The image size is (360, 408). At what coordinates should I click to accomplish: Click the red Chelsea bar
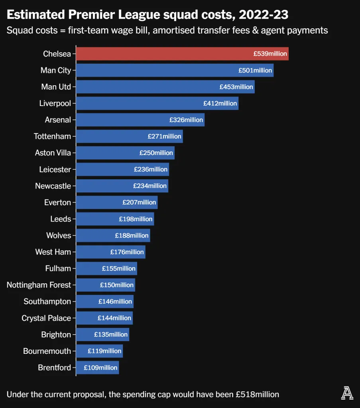click(182, 54)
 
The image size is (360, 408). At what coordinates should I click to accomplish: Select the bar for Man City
click(175, 71)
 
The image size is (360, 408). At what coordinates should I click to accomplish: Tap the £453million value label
click(236, 87)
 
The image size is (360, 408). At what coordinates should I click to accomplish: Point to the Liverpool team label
click(55, 104)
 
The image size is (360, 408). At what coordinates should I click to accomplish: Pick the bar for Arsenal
click(140, 120)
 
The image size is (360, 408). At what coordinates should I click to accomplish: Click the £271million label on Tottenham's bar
click(165, 136)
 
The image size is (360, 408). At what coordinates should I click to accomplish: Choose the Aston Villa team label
click(53, 153)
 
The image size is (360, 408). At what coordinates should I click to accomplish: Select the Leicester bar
click(122, 169)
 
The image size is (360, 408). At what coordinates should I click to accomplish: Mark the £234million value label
click(150, 186)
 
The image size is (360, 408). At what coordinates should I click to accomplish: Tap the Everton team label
click(57, 202)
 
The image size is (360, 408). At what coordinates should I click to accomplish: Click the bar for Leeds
click(115, 219)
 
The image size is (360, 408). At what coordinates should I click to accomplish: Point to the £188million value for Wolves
click(132, 235)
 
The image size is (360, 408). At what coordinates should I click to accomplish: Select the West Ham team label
click(53, 252)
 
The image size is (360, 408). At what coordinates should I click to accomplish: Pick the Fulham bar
click(106, 269)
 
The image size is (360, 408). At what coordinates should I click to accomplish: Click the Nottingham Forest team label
click(39, 285)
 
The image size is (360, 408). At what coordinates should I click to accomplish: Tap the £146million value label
click(115, 302)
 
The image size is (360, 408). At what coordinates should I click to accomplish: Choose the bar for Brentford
click(97, 368)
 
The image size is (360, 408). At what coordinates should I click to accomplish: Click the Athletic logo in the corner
click(347, 394)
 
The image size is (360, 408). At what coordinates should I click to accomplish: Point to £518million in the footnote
click(258, 394)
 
